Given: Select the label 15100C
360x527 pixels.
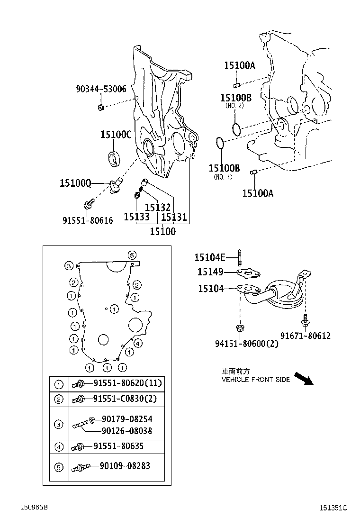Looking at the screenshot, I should coord(115,135).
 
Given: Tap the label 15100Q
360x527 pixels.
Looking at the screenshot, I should coord(75,182).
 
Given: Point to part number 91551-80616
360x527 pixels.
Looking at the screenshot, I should coord(88,220).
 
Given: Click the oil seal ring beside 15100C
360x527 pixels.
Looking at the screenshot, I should coord(115,158).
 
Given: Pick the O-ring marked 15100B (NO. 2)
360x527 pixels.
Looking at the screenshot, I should coord(237,128).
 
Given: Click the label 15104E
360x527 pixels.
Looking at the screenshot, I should coord(210,257).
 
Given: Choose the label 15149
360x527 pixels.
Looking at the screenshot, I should coord(210,272).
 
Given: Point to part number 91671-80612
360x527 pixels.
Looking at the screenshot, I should coord(305,336).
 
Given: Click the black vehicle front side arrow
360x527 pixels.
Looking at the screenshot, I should coord(303,378).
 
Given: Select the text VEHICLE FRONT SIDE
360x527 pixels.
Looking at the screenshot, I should coord(255,380).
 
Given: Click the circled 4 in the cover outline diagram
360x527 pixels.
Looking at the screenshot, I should coord(137,343).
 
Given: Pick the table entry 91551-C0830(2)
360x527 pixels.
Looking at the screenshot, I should coord(125,399).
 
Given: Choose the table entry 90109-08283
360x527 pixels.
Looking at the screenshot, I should coord(125,466).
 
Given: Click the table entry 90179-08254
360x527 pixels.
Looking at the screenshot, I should coord(127,419).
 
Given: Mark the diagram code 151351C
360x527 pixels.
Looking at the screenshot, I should coord(333,508).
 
